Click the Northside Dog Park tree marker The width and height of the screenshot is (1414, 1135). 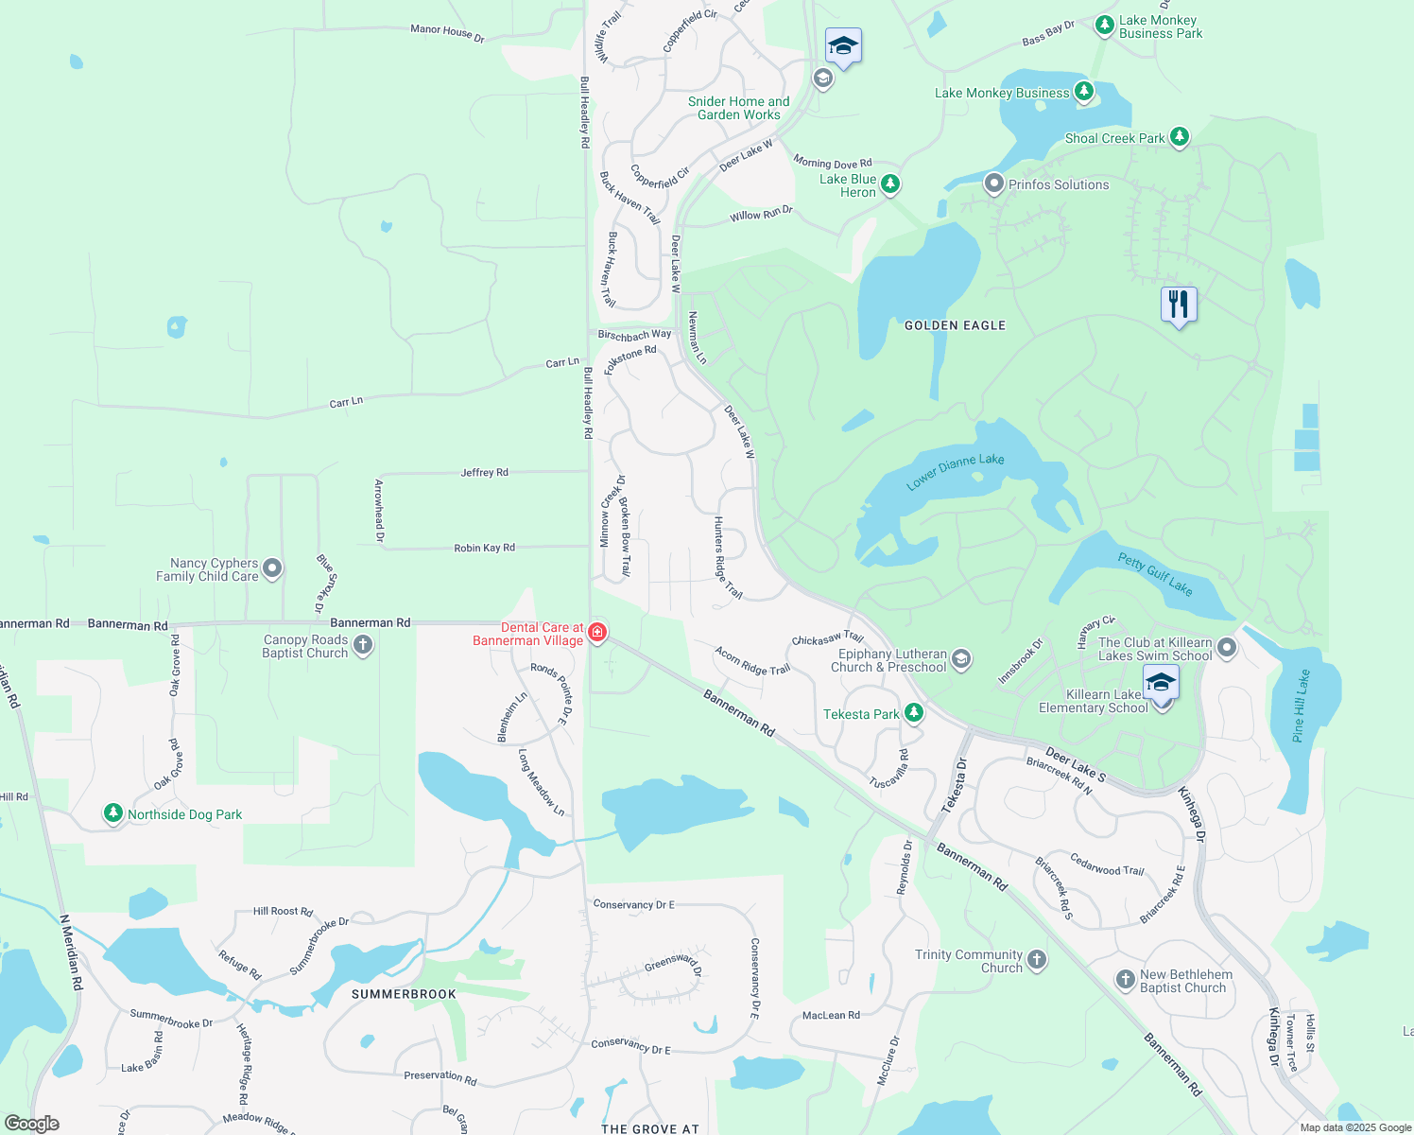point(113,813)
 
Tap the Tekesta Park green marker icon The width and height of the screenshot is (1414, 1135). point(913,713)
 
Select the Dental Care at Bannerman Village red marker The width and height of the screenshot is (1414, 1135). point(596,632)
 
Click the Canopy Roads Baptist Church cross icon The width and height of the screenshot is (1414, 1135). point(363,645)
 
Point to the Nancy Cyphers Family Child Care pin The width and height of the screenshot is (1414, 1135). point(272,568)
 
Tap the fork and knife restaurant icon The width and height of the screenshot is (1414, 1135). point(1179,305)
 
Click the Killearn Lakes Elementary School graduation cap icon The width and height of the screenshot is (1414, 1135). point(1161,683)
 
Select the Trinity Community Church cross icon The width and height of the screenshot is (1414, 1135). point(1037,960)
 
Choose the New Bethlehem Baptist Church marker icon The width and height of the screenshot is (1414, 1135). point(1125,980)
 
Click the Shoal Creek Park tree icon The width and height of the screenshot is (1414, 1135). point(1179,137)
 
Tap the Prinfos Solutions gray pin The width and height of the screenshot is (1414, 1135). point(993,183)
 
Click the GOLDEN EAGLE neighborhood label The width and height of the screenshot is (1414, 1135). point(955,325)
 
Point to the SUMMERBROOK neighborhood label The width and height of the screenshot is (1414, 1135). point(404,994)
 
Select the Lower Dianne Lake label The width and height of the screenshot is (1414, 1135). point(955,471)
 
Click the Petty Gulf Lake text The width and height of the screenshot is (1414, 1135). point(1155,573)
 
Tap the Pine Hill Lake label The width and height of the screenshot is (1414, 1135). point(1302,706)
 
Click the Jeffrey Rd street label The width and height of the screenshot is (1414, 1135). point(484,472)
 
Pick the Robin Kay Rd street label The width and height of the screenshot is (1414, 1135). point(484,548)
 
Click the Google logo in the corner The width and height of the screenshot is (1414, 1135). point(31,1124)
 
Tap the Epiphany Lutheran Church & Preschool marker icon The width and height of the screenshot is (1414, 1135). point(961,659)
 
